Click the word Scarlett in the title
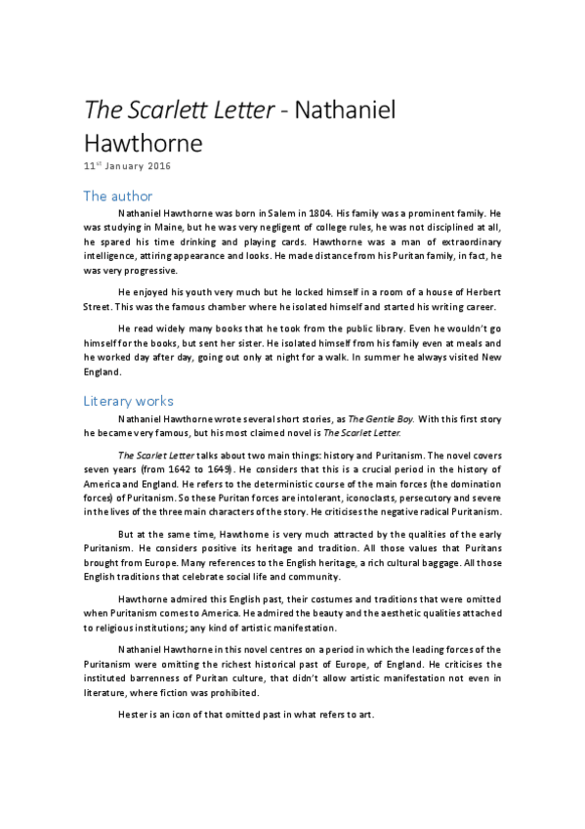coord(165,110)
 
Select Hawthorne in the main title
coord(143,144)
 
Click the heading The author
coord(118,196)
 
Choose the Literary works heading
coord(129,401)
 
